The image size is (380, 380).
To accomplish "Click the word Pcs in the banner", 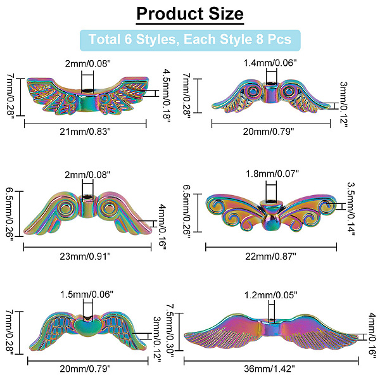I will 278,39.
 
